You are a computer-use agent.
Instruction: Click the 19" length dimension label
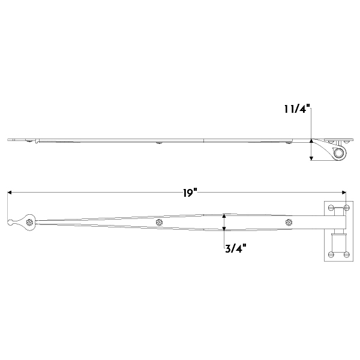(190, 193)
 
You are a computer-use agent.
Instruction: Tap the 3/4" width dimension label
(236, 248)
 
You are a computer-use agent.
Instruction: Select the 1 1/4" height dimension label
(297, 109)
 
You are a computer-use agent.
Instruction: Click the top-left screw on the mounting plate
(331, 208)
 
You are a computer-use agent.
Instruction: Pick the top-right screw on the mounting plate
(347, 208)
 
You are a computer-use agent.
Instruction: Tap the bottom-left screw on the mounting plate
(331, 254)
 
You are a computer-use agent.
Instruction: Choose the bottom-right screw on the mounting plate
(347, 254)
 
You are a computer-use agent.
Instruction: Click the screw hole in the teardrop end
(29, 222)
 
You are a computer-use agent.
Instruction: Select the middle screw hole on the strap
(159, 222)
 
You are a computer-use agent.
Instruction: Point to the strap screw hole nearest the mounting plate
(289, 222)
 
